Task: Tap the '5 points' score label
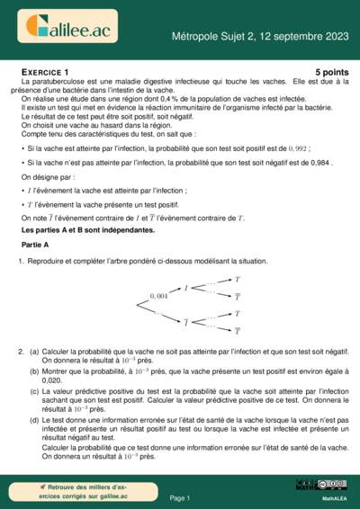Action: pos(330,71)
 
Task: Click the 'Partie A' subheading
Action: pos(35,245)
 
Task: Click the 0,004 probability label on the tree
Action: pos(158,295)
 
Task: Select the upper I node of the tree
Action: pos(186,289)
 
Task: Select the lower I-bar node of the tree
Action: pos(186,321)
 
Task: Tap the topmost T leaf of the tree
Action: pos(238,280)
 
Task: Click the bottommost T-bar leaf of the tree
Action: pos(238,331)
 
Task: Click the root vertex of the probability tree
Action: pos(137,305)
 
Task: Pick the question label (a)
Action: pos(33,352)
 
